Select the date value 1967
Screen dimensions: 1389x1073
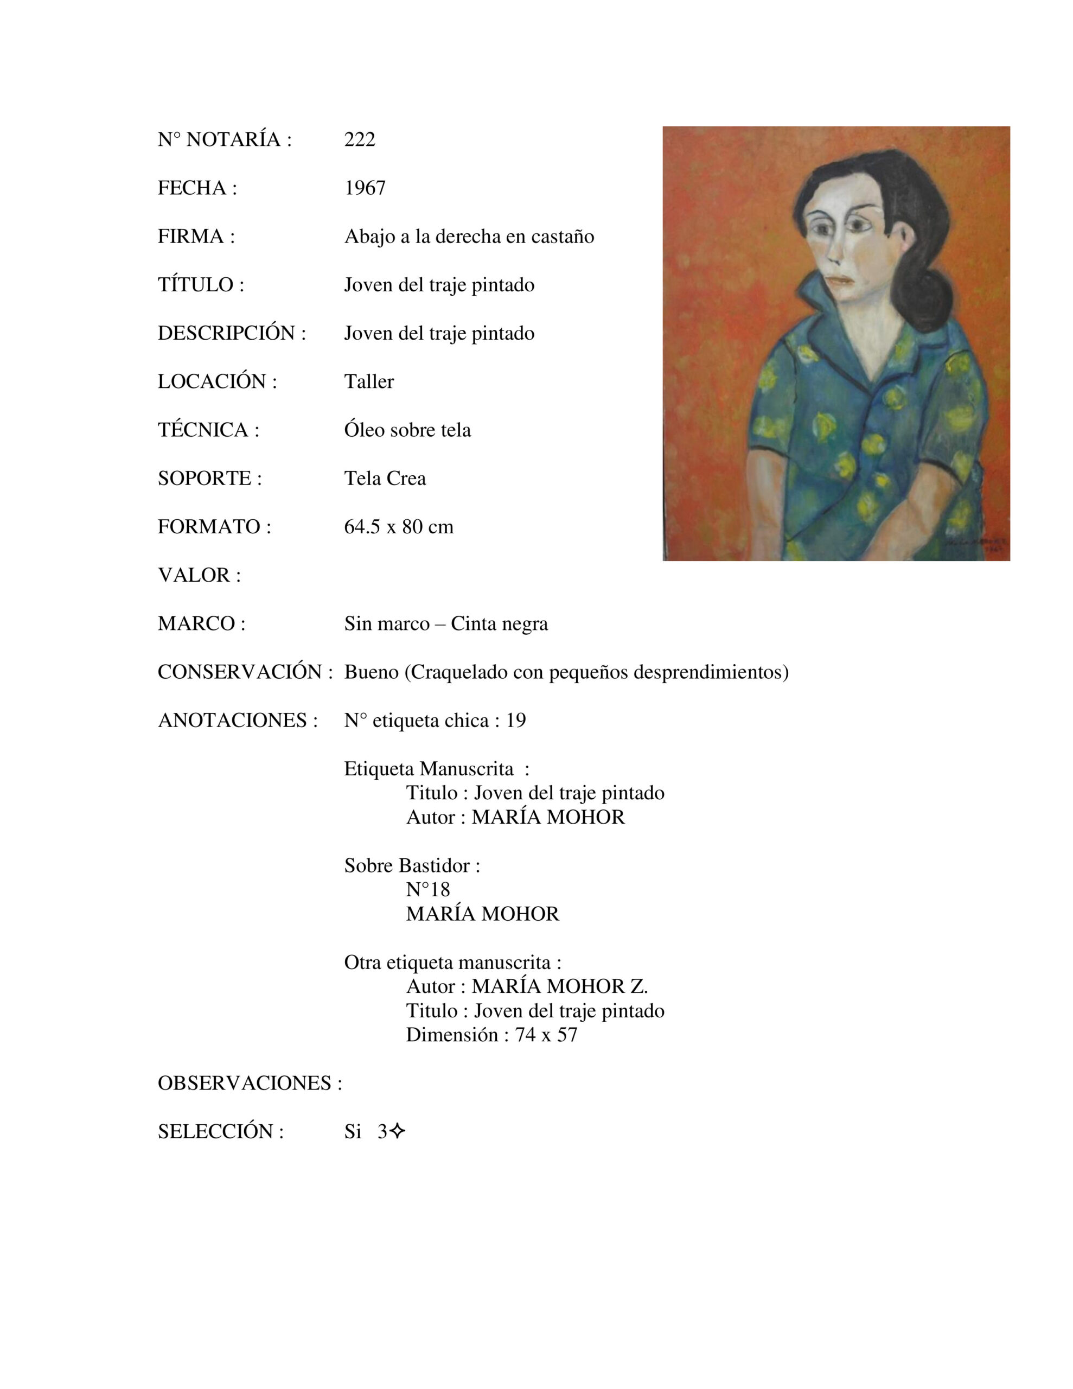[x=365, y=188]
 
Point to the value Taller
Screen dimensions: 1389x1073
[x=369, y=381]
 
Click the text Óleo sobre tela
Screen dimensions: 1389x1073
[x=407, y=430]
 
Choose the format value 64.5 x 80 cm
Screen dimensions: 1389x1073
[x=399, y=527]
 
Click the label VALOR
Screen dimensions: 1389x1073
[x=199, y=575]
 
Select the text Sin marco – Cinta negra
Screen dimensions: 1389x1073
[x=446, y=623]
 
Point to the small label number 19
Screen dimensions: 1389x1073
[x=516, y=721]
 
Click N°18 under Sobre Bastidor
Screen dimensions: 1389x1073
[x=427, y=889]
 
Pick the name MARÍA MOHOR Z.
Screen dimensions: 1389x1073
[x=560, y=986]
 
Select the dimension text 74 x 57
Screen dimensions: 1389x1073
[x=546, y=1035]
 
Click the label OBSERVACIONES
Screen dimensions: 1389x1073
[x=250, y=1083]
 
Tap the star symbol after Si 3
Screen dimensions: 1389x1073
[x=397, y=1131]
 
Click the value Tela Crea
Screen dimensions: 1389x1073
[x=385, y=478]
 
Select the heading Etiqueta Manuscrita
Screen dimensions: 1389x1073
[x=429, y=769]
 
